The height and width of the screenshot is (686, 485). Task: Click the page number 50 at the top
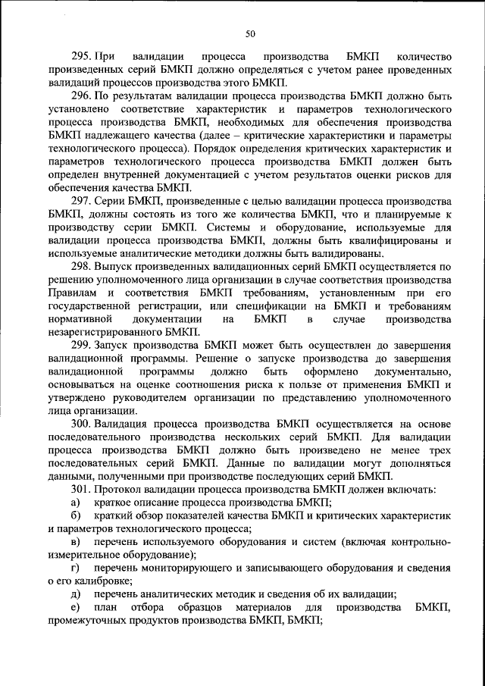click(x=250, y=33)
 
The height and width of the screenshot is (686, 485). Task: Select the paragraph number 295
click(x=81, y=57)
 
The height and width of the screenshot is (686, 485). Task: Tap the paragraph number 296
click(x=81, y=97)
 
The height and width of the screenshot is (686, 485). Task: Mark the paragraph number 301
click(x=81, y=489)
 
